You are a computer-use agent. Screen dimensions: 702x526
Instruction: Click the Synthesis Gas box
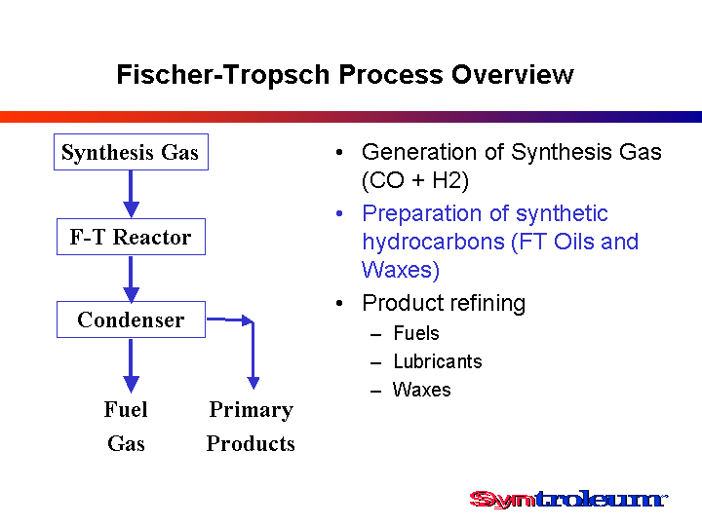pyautogui.click(x=131, y=152)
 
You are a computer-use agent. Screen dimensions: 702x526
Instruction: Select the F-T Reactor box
pyautogui.click(x=131, y=237)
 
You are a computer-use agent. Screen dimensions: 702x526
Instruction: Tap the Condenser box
pyautogui.click(x=131, y=319)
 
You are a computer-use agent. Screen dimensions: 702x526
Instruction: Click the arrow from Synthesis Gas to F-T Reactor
pyautogui.click(x=131, y=194)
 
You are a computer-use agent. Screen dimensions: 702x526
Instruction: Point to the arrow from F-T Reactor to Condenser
pyautogui.click(x=131, y=279)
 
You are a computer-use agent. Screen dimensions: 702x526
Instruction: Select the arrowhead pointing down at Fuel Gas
pyautogui.click(x=131, y=384)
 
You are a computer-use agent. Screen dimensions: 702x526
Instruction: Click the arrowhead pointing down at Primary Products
pyautogui.click(x=253, y=383)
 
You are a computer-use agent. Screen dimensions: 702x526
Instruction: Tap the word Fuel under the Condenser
pyautogui.click(x=126, y=409)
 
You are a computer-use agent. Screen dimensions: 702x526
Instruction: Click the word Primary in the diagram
pyautogui.click(x=252, y=410)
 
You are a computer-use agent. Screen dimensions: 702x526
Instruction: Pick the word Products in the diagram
pyautogui.click(x=251, y=444)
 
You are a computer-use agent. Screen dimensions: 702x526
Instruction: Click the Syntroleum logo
pyautogui.click(x=568, y=499)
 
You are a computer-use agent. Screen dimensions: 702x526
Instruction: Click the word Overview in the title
pyautogui.click(x=513, y=74)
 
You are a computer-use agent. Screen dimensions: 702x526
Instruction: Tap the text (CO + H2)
pyautogui.click(x=415, y=181)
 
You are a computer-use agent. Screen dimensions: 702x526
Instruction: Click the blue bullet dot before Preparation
pyautogui.click(x=339, y=213)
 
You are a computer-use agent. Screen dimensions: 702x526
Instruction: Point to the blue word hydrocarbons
pyautogui.click(x=433, y=242)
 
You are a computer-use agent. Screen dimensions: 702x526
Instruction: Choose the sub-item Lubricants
pyautogui.click(x=438, y=361)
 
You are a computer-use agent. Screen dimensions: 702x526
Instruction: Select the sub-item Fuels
pyautogui.click(x=416, y=333)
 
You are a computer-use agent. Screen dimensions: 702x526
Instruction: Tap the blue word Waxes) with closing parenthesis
pyautogui.click(x=401, y=270)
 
